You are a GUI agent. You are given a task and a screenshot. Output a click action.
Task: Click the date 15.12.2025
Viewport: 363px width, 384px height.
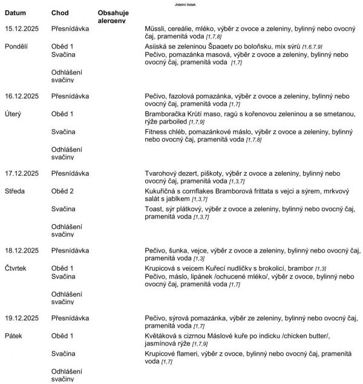[x=22, y=28]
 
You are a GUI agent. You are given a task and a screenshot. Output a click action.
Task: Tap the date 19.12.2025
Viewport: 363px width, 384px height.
[x=22, y=317]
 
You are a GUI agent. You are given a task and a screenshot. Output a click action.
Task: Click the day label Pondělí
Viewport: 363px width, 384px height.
[x=18, y=46]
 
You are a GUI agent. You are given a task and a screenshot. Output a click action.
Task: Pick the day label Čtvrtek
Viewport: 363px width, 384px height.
[x=17, y=268]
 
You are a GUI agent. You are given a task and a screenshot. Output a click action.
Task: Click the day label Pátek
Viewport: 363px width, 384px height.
[x=15, y=335]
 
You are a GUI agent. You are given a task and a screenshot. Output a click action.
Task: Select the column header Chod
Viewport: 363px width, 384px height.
[x=60, y=12]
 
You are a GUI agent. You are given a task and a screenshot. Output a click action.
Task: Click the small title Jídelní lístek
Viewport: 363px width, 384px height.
[x=181, y=4]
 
